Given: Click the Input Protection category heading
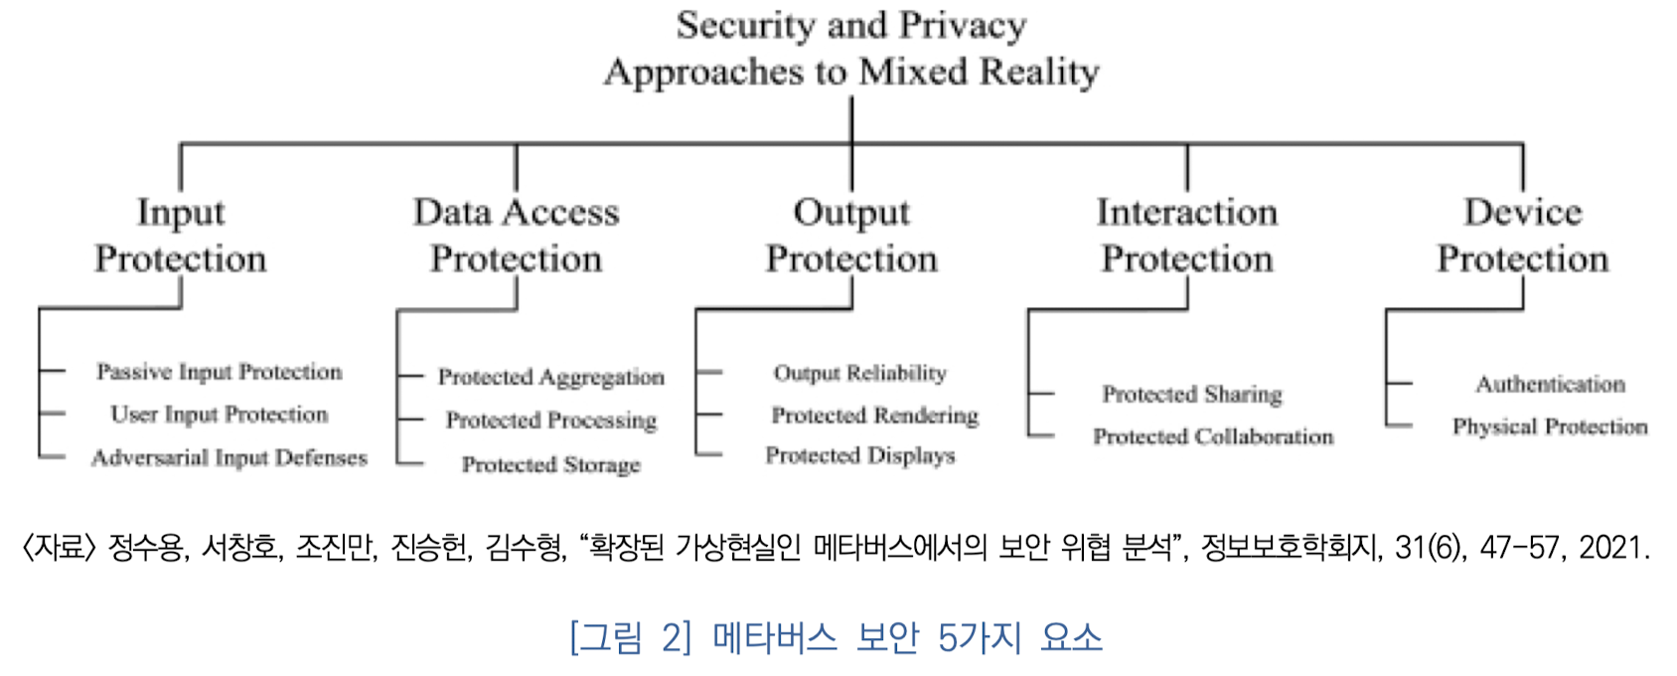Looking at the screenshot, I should coord(181,236).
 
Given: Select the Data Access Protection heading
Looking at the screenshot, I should coord(516,236).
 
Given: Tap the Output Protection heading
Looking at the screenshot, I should coord(851,236).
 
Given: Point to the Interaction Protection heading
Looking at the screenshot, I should coord(1187,236).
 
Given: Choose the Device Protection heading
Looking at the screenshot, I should coord(1522,236).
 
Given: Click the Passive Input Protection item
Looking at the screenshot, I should coord(220,372).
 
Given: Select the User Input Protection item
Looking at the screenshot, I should coord(220,415).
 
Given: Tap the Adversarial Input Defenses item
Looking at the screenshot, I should coord(229,457).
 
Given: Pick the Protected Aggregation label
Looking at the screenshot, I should coord(551,378).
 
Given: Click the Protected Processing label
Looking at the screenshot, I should coord(551,421).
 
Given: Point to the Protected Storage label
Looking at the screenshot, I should coord(551,464).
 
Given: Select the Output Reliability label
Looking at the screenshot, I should coord(860,374).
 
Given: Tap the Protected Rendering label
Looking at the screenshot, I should coord(875,416).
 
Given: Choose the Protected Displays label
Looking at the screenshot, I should coord(860,455).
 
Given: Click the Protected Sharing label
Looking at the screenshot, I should coord(1192,395).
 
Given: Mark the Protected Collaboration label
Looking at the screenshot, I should coord(1213,436).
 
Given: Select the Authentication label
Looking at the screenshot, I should coord(1550,385).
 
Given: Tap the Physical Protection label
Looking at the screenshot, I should coord(1550,426).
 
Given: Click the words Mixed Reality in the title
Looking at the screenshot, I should coord(980,72).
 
